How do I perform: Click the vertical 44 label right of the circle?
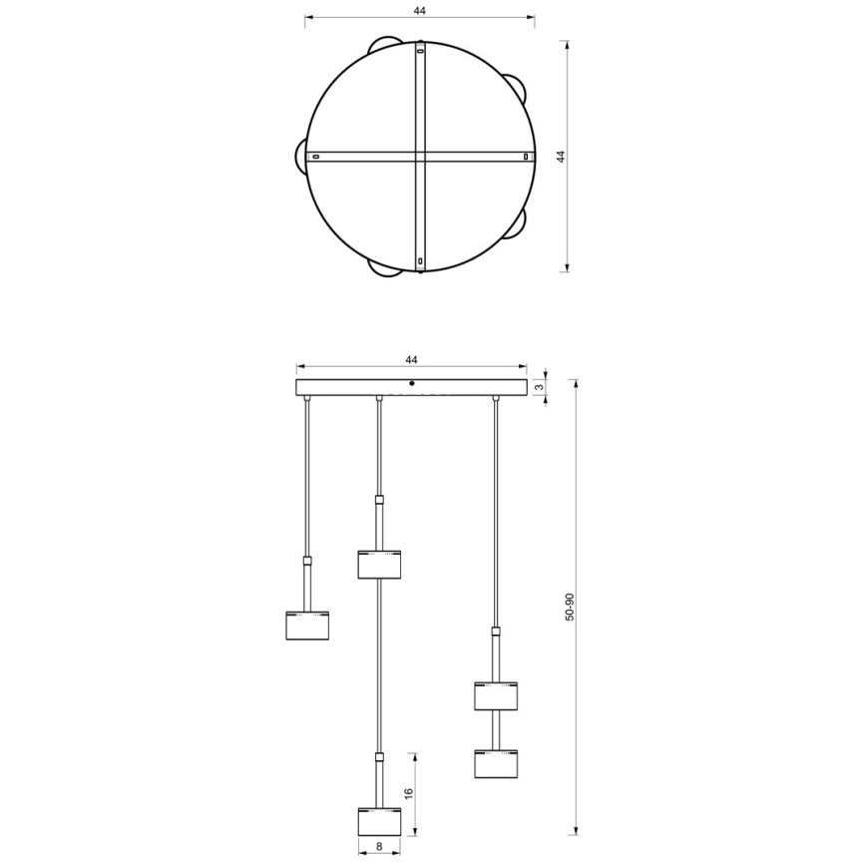coord(561,157)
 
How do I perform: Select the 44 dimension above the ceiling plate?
coord(411,359)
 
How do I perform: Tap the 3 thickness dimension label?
coord(540,387)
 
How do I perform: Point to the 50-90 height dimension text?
coord(570,608)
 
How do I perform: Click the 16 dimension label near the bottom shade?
coord(408,794)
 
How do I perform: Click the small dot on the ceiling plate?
coord(412,382)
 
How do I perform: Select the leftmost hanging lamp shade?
coord(307,624)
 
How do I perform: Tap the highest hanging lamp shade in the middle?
coord(378,564)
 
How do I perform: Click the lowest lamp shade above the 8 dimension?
coord(378,821)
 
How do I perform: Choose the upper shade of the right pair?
coord(495,695)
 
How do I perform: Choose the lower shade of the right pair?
coord(495,763)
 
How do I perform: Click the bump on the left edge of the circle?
coord(300,157)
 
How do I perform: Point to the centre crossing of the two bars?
coord(420,157)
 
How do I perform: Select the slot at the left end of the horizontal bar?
coord(315,157)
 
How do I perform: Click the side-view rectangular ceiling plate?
coord(411,387)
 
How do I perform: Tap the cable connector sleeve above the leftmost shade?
coord(307,562)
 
